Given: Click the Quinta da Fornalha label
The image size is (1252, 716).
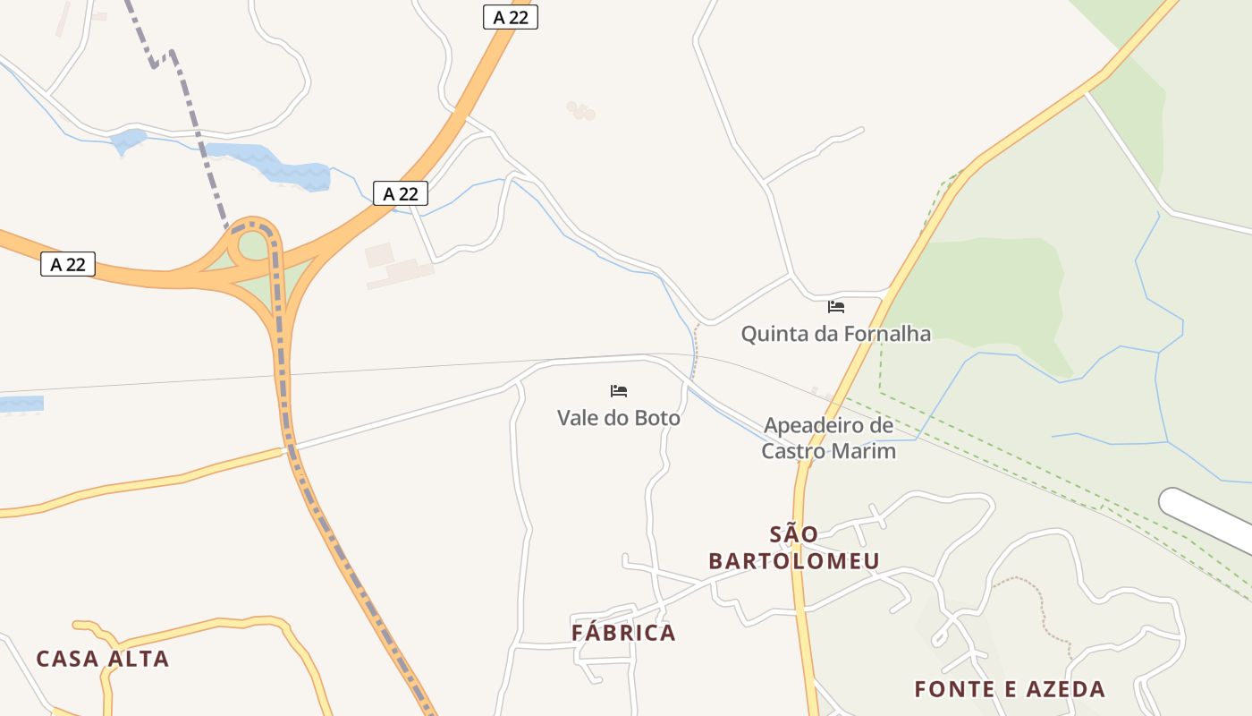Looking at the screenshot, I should tap(835, 334).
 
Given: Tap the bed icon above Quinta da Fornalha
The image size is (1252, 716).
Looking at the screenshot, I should tap(836, 307).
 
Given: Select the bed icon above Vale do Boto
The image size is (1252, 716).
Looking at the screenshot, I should tap(618, 391).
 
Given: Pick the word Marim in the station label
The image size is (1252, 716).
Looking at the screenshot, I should tap(864, 450).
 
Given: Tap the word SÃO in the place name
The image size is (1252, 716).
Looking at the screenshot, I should tap(794, 534).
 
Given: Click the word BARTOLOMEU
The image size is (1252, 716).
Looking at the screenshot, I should tap(794, 561).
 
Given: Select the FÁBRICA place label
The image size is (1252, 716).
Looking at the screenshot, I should tap(623, 633).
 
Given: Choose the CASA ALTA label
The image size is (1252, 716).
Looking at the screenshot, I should tap(102, 659).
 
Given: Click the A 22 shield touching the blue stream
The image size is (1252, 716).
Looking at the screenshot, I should tap(400, 193).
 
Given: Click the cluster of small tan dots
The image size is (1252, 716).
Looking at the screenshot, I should tap(580, 111).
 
